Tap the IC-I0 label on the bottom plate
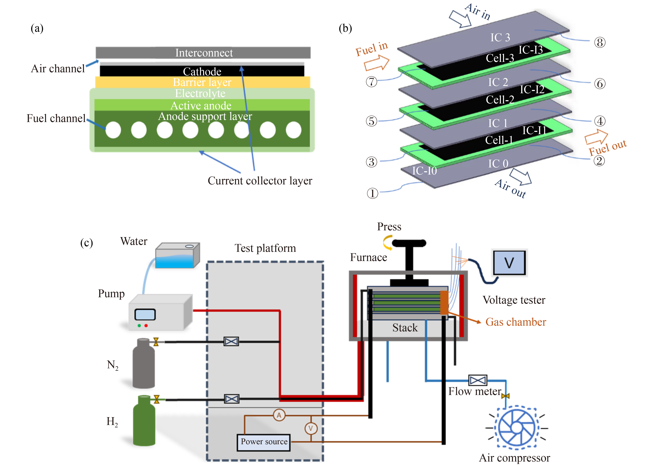coord(424,171)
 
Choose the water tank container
coord(177,255)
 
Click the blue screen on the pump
coord(145,314)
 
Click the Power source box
coord(264,442)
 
